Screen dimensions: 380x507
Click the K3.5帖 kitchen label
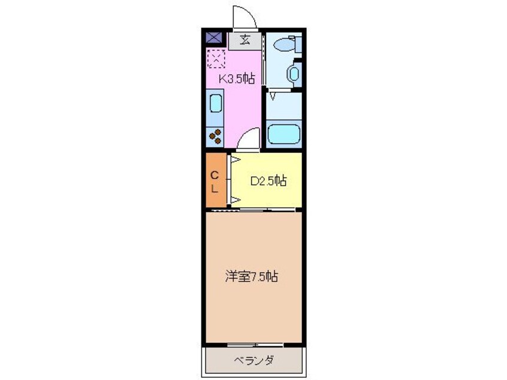coord(237,78)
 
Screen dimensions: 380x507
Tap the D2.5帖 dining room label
coord(267,180)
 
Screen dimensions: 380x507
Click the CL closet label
coord(215,179)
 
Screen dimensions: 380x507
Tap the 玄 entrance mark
coord(245,41)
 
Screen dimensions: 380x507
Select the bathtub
coord(283,134)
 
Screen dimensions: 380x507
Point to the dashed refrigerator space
coord(216,59)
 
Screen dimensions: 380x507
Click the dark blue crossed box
coord(214,38)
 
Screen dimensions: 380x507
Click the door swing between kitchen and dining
coord(248,141)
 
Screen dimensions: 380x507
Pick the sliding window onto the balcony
coord(255,345)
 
